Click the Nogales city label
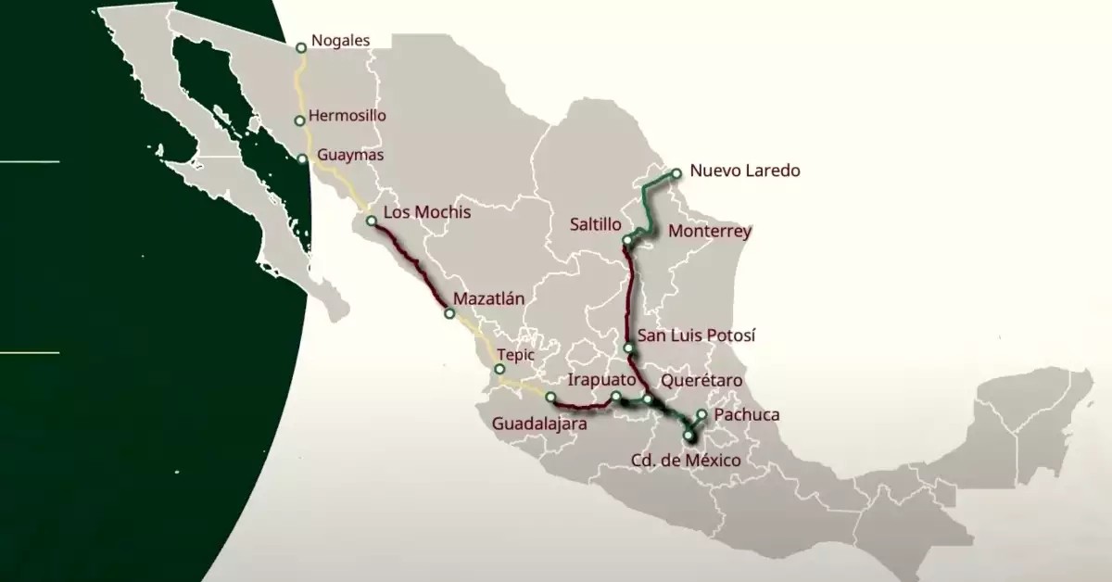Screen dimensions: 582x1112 [340, 41]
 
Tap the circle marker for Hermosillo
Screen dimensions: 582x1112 [299, 120]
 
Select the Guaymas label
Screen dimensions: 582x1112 [350, 155]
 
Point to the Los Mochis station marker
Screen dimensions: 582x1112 [372, 221]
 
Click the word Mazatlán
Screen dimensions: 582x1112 [489, 298]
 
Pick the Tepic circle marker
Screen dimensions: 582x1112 [499, 369]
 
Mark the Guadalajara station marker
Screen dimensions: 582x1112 [550, 398]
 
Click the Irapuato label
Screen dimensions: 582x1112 [601, 380]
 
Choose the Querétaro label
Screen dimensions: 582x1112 [701, 380]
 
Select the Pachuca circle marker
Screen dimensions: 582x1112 [702, 414]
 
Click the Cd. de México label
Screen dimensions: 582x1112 [686, 460]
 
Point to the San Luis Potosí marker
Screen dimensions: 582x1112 [628, 348]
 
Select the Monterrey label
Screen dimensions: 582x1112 [709, 231]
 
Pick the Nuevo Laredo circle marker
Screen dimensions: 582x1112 [676, 172]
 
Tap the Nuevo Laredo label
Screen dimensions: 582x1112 [745, 171]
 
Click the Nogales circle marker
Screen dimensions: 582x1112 [300, 47]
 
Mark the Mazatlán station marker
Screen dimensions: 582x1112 [449, 314]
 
